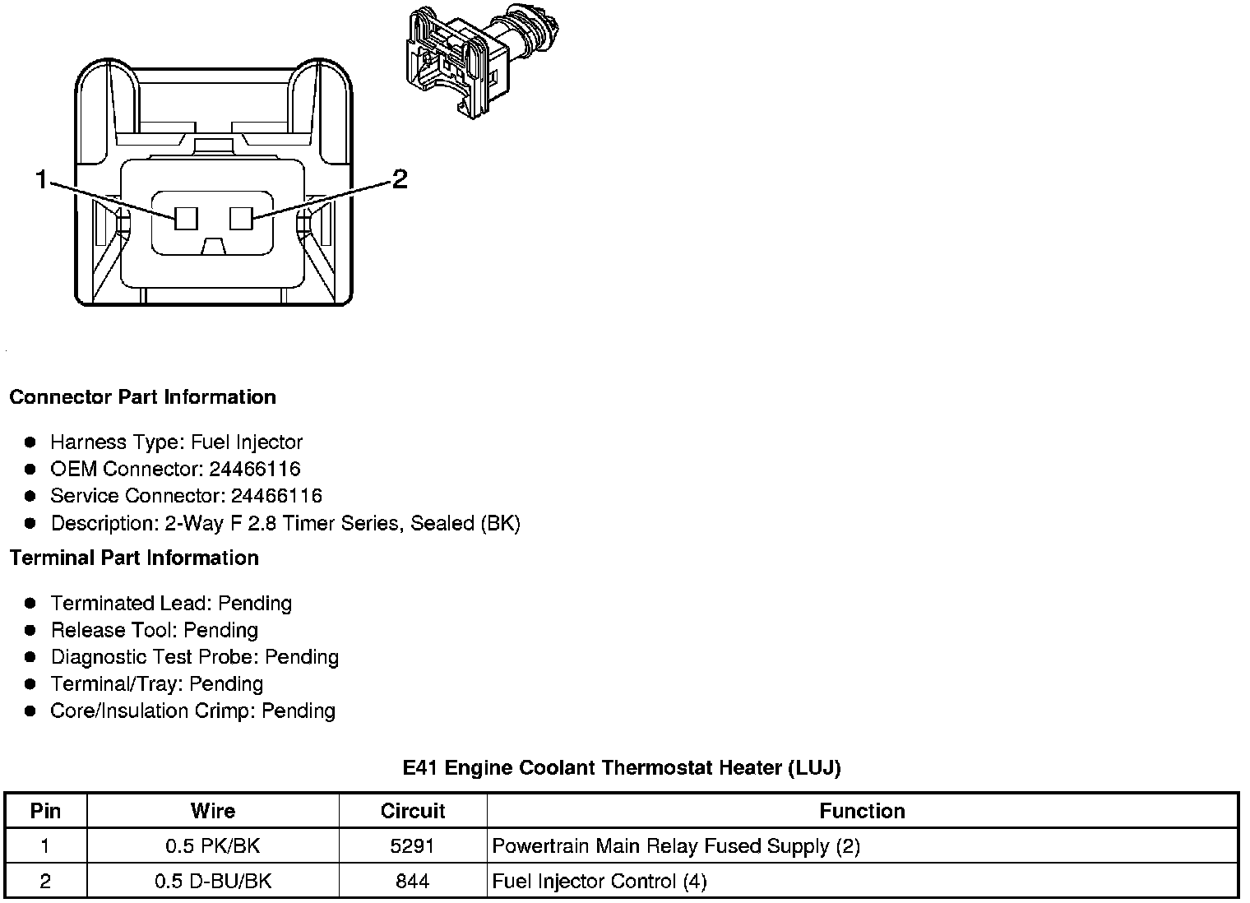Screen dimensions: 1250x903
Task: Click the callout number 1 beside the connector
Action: coord(41,178)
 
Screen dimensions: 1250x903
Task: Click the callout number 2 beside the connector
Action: coord(400,178)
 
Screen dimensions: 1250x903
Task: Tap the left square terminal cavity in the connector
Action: coord(187,218)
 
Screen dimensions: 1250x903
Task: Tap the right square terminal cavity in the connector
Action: coord(240,218)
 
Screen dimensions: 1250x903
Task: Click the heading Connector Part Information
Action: coord(142,397)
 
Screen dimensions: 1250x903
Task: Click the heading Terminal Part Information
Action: coord(134,558)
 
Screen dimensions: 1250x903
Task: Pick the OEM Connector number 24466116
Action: coord(255,469)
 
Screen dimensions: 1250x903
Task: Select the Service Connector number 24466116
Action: coord(276,496)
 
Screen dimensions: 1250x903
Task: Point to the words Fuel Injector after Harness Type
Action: coord(247,442)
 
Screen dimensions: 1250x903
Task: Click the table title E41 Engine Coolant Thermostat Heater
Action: coord(621,768)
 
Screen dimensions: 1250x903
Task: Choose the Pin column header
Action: coord(45,811)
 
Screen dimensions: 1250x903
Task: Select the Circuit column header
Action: coord(412,811)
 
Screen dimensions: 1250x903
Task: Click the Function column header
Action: coord(862,811)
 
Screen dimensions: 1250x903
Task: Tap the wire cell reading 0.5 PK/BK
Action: coord(213,846)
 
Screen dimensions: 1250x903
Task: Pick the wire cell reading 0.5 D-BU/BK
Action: coord(213,882)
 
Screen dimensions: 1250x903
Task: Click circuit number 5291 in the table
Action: coord(412,846)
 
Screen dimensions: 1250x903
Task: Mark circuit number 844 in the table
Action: coord(412,882)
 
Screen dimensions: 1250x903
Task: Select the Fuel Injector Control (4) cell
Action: coord(600,882)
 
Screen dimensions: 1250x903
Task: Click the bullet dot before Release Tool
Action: coord(30,631)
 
